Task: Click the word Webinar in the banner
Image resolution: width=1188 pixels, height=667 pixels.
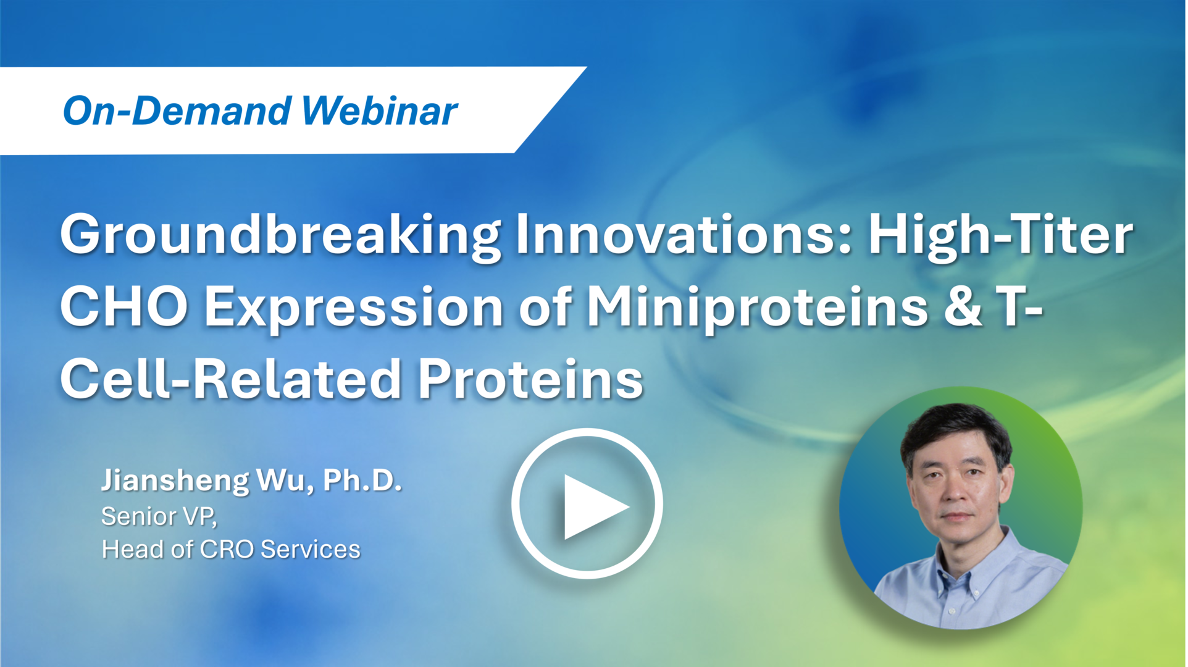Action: [380, 111]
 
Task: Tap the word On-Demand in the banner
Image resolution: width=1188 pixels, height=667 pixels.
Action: [177, 111]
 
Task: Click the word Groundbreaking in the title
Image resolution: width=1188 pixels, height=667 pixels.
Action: [280, 237]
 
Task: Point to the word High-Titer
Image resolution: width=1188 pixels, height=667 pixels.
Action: [1001, 237]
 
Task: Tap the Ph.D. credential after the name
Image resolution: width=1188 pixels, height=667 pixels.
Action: [362, 480]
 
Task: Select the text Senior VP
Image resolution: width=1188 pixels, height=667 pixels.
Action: [159, 517]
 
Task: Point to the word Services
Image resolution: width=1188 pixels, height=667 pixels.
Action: [311, 550]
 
